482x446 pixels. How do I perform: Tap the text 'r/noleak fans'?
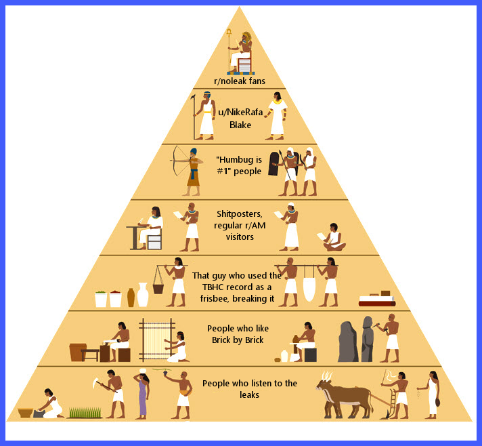(x=240, y=81)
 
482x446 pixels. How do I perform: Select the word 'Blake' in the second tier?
(x=240, y=125)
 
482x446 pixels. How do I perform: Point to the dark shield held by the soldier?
(x=273, y=164)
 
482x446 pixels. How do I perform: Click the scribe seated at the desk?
(x=151, y=227)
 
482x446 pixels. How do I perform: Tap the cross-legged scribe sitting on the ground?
(x=334, y=237)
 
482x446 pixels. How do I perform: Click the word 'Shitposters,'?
(x=240, y=214)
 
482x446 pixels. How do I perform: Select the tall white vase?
(x=143, y=295)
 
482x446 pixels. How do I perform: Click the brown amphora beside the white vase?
(x=131, y=298)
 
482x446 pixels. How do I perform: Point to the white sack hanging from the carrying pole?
(x=309, y=289)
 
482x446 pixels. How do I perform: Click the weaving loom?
(x=157, y=340)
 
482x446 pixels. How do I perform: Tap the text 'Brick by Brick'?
(x=238, y=340)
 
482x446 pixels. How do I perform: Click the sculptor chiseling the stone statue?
(x=389, y=338)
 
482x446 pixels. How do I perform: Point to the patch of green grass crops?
(x=85, y=413)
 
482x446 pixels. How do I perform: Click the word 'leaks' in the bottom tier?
(x=249, y=395)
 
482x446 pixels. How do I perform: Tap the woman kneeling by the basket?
(x=51, y=404)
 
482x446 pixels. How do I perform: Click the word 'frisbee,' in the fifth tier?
(x=215, y=298)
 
